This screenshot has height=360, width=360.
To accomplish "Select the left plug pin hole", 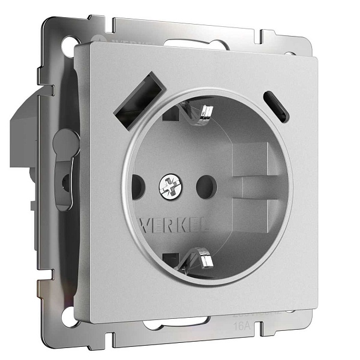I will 138,185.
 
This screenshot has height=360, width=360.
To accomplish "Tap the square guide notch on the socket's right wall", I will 251,159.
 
